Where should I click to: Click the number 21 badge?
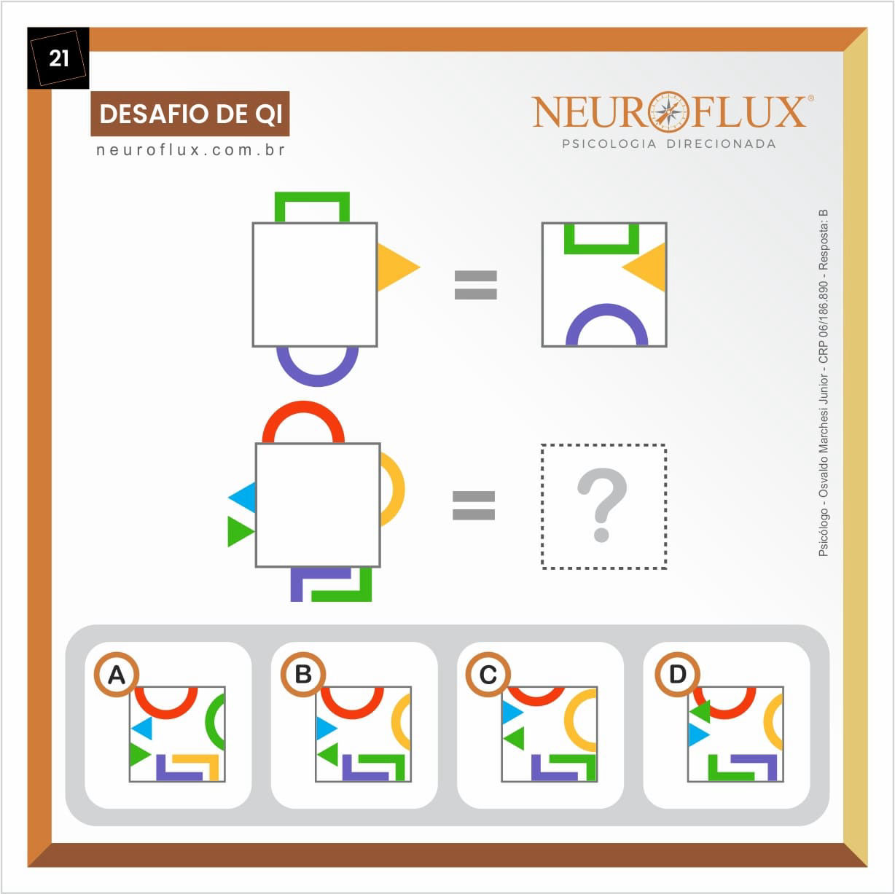[58, 58]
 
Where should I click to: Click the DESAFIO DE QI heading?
[190, 114]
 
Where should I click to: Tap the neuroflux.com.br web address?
[190, 150]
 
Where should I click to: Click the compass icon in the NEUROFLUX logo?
[668, 111]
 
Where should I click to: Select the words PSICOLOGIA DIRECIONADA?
[668, 144]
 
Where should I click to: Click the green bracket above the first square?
[312, 199]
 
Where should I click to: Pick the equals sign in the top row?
[475, 284]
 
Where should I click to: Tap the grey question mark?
[602, 505]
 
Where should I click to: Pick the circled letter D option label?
[677, 675]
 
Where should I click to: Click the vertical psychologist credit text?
[823, 383]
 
